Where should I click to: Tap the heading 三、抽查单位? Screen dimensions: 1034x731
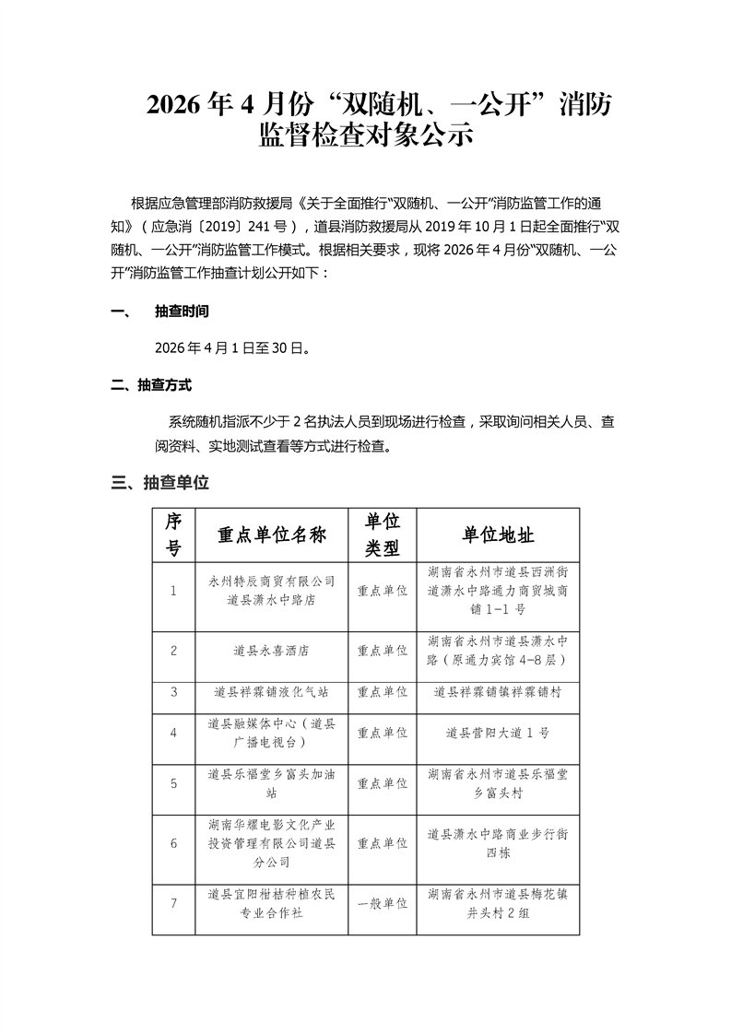[160, 482]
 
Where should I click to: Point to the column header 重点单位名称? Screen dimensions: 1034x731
[271, 535]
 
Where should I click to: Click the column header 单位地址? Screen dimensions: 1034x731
[498, 535]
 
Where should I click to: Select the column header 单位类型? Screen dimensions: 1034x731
[383, 535]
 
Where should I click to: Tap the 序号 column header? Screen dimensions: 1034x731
[173, 535]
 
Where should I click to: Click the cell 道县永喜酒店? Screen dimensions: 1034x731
[271, 651]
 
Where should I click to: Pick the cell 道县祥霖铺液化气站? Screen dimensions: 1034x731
[271, 691]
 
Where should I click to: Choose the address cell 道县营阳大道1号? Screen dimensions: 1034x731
[498, 733]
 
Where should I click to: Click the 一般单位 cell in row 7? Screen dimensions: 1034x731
[383, 904]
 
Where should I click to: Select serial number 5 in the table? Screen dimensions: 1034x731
[173, 783]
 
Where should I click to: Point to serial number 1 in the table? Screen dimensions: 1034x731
[173, 591]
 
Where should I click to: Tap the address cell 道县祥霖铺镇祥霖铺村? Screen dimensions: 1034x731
[498, 691]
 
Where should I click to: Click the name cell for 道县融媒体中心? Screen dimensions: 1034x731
[271, 733]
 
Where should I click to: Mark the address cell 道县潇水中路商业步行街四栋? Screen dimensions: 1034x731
[498, 843]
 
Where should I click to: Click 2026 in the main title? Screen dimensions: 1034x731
[177, 106]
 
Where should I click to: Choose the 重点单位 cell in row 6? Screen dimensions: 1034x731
[383, 843]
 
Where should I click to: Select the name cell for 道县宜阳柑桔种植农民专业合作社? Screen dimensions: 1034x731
[271, 904]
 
